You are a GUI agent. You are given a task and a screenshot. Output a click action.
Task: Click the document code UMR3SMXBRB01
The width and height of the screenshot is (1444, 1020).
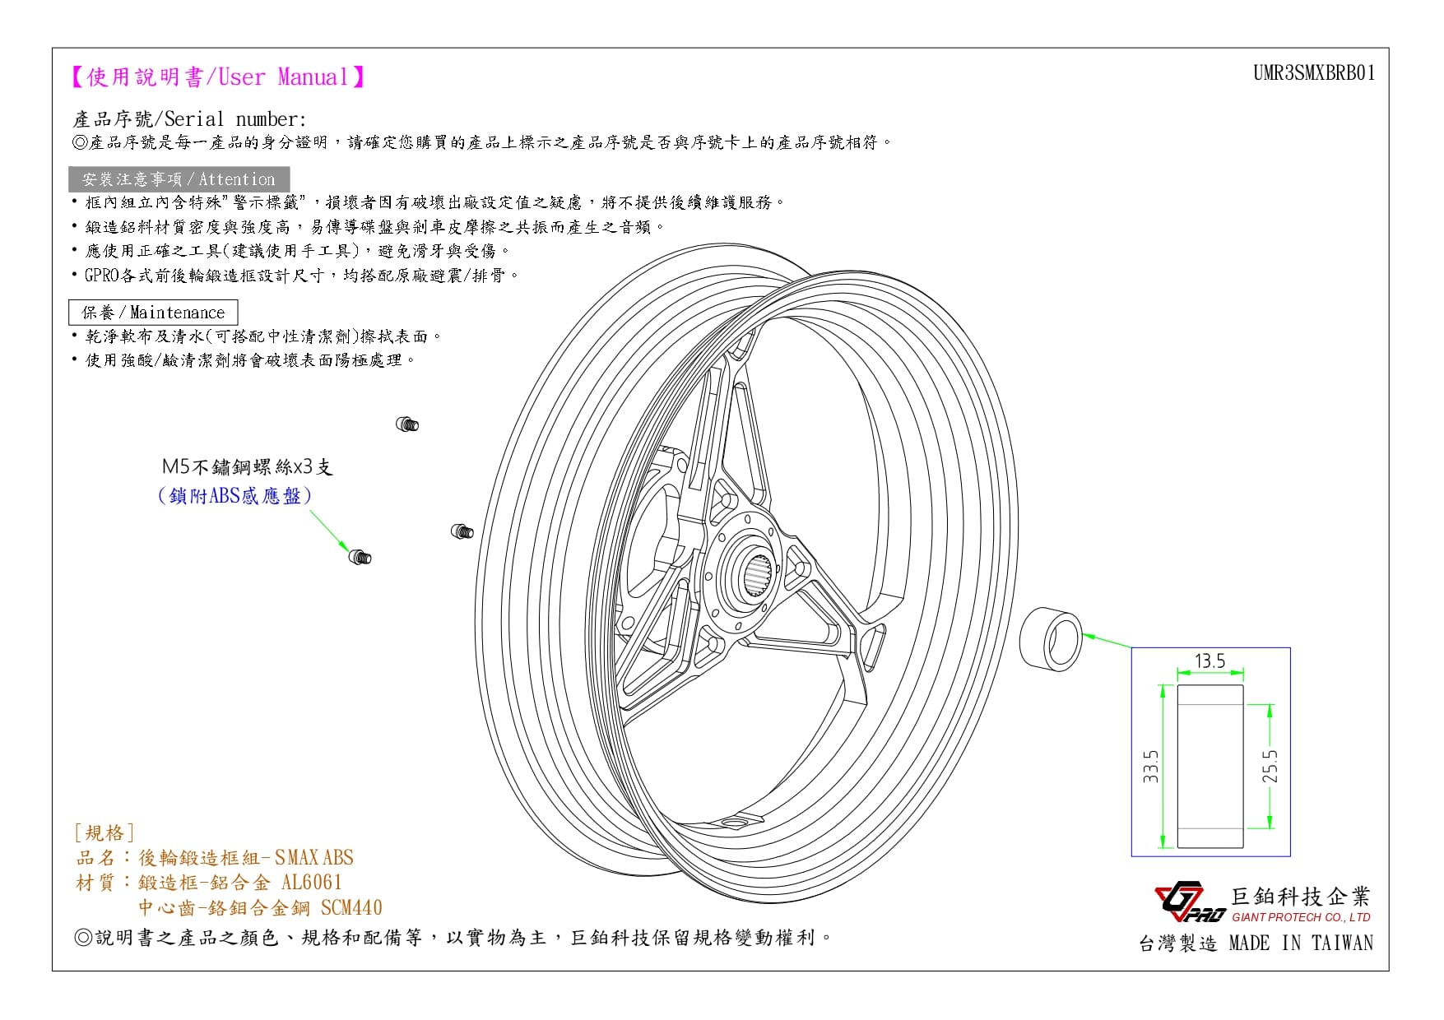pyautogui.click(x=1314, y=73)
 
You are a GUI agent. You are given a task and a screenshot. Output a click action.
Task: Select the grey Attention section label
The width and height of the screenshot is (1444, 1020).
pyautogui.click(x=179, y=179)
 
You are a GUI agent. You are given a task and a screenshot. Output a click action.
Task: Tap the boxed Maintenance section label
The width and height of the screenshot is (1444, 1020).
pyautogui.click(x=153, y=313)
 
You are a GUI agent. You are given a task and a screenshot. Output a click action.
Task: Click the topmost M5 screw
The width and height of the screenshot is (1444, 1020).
pyautogui.click(x=407, y=424)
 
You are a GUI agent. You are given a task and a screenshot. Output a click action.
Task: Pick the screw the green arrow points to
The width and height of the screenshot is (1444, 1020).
pyautogui.click(x=360, y=557)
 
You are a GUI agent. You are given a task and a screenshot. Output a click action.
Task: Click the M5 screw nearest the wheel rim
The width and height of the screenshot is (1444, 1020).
pyautogui.click(x=462, y=531)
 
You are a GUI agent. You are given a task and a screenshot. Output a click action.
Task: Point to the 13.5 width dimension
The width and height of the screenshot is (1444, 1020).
pyautogui.click(x=1210, y=661)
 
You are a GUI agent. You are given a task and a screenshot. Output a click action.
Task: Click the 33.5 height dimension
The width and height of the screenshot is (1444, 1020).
pyautogui.click(x=1150, y=766)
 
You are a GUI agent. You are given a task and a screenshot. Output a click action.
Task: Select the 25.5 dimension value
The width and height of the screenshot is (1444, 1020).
pyautogui.click(x=1270, y=766)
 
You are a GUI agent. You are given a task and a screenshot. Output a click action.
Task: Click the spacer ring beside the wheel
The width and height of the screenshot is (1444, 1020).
pyautogui.click(x=1051, y=639)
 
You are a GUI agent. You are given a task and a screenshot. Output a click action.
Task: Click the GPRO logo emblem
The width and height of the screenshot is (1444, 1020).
pyautogui.click(x=1190, y=902)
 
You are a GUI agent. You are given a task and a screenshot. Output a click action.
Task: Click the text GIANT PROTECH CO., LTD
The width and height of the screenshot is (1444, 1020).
pyautogui.click(x=1301, y=917)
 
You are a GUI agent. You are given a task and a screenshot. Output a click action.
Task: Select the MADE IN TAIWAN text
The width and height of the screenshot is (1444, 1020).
pyautogui.click(x=1301, y=943)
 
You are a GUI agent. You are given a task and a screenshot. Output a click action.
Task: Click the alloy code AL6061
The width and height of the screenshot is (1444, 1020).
pyautogui.click(x=312, y=883)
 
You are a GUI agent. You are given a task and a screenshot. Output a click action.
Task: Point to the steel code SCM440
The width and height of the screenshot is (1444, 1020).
pyautogui.click(x=351, y=907)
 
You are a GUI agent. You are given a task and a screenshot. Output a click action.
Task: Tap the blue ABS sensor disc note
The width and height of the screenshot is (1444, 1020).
pyautogui.click(x=235, y=495)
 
